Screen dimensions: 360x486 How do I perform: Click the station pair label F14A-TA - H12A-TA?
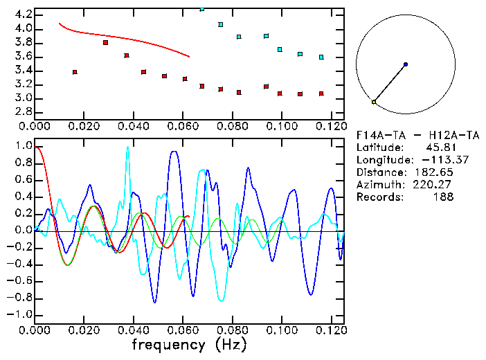pos(404,134)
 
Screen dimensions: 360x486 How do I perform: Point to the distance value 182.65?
pos(435,172)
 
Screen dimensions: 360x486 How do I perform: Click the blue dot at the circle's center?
pos(405,64)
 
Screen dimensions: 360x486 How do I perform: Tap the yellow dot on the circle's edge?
pos(374,102)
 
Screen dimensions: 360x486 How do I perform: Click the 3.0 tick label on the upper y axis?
pos(24,98)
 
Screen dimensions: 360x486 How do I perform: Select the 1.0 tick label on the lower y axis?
pos(24,147)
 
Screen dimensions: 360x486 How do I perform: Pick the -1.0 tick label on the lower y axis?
pos(21,314)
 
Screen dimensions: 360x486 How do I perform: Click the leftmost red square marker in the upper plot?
pos(75,72)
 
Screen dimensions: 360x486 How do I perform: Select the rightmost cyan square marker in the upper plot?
pos(321,57)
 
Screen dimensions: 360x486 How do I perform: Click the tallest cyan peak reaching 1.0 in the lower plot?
pos(127,147)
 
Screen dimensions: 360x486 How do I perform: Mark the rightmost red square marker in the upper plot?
pos(321,93)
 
